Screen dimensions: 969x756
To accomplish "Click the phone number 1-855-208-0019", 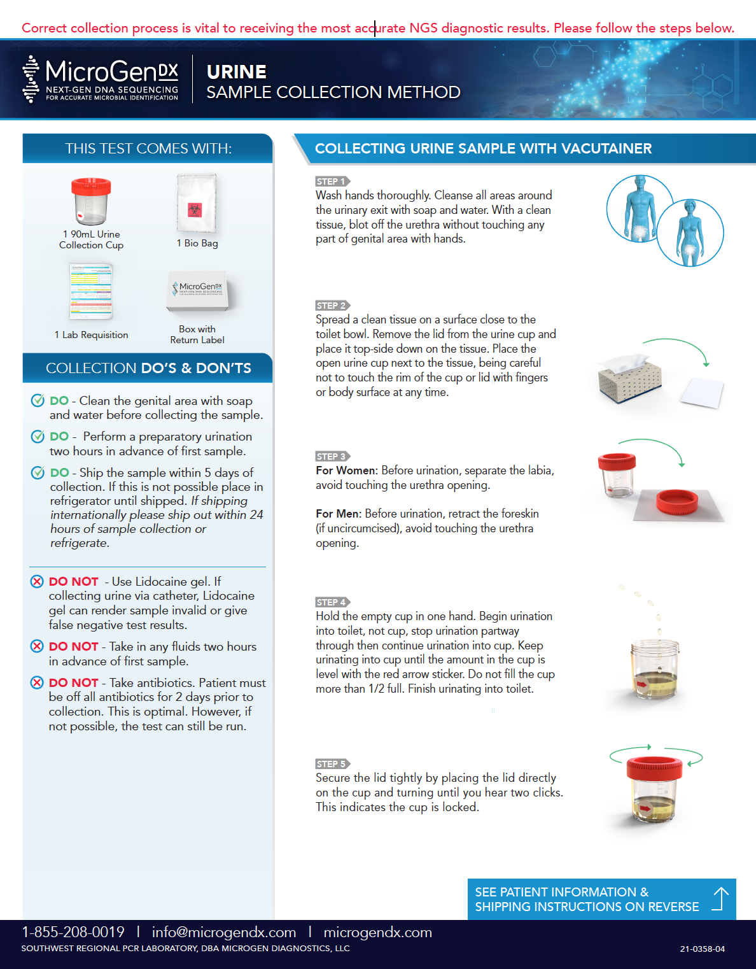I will point(73,932).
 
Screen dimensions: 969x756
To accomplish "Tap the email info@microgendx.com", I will point(224,932).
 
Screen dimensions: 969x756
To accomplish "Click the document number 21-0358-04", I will point(702,949).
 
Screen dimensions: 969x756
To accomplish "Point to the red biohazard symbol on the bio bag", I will point(195,210).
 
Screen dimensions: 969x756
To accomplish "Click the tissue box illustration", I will point(629,378).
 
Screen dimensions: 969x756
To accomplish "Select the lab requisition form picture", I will point(91,292).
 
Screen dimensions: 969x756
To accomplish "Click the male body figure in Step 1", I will point(638,207).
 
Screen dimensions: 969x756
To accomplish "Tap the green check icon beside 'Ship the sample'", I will point(38,472).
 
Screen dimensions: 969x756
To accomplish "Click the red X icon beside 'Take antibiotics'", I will point(38,683).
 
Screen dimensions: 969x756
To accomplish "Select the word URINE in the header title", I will point(237,72).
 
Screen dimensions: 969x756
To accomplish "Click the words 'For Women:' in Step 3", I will point(346,470).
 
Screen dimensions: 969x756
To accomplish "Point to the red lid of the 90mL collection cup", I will point(91,186).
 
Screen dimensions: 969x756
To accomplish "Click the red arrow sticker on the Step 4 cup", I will point(642,685).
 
